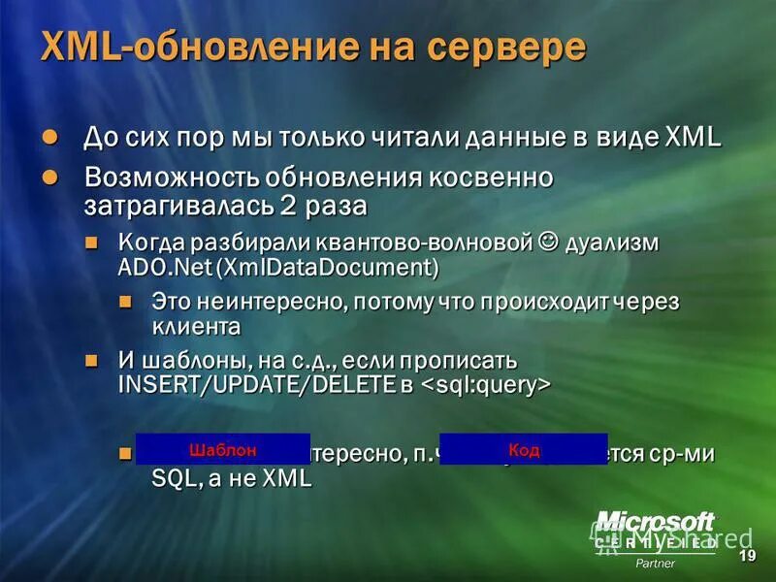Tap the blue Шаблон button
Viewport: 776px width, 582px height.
click(223, 449)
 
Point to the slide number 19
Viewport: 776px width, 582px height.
click(747, 556)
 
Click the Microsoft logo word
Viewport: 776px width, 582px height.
click(655, 523)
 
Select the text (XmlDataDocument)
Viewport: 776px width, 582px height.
click(329, 265)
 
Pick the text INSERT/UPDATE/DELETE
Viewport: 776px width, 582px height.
click(251, 385)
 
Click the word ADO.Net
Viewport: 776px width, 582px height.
click(165, 265)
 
